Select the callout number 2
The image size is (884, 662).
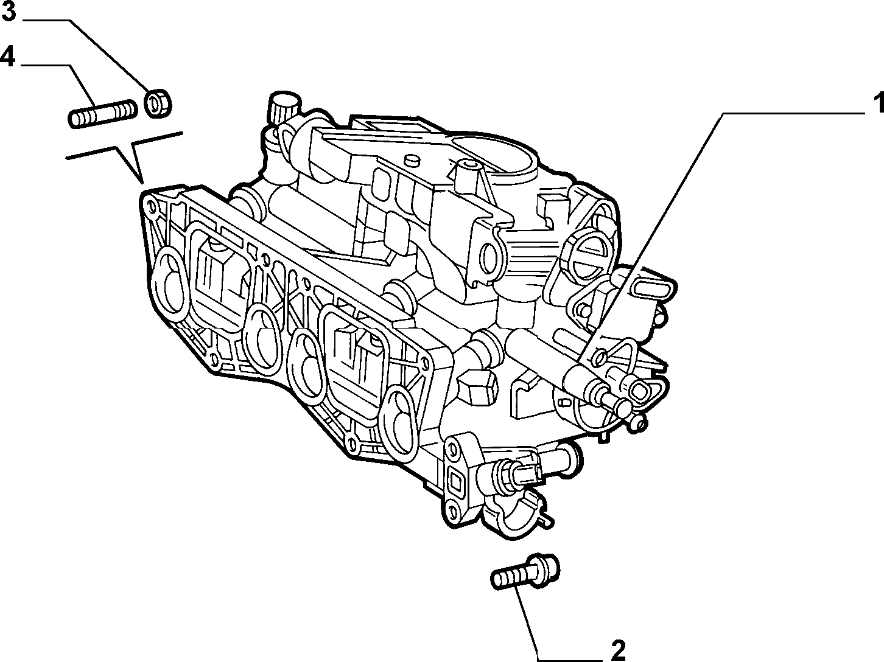pos(618,650)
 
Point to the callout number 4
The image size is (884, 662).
pos(8,56)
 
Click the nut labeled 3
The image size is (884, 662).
pos(158,103)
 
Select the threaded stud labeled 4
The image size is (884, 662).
pos(102,114)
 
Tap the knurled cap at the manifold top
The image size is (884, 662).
pos(285,105)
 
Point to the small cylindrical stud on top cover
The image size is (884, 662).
pos(411,161)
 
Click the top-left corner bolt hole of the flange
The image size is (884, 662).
pos(152,207)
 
